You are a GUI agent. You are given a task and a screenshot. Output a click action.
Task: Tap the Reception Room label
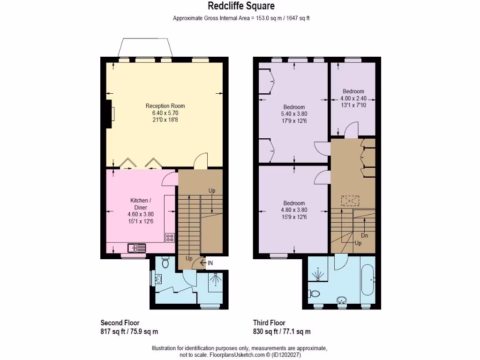pyautogui.click(x=162, y=106)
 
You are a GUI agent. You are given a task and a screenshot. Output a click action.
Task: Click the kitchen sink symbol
pyautogui.click(x=136, y=247)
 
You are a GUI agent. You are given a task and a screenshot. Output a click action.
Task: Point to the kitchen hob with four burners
pyautogui.click(x=170, y=238)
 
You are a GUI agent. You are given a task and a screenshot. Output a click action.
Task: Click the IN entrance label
pyautogui.click(x=210, y=263)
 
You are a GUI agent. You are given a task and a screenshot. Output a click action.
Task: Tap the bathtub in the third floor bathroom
pyautogui.click(x=367, y=280)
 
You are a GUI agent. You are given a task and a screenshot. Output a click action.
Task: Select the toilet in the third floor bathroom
pyautogui.click(x=314, y=294)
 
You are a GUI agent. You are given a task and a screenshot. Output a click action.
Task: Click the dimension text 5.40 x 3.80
pyautogui.click(x=294, y=113)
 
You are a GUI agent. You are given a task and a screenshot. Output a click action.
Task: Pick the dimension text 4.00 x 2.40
pyautogui.click(x=353, y=98)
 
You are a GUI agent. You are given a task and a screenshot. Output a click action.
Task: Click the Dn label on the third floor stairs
pyautogui.click(x=364, y=235)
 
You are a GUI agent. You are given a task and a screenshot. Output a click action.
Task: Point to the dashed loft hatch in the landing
pyautogui.click(x=350, y=201)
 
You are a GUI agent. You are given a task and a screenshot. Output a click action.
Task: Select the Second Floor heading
pyautogui.click(x=120, y=323)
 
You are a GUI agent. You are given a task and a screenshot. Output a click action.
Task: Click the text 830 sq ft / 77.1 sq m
pyautogui.click(x=282, y=331)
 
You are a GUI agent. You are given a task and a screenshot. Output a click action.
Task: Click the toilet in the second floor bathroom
pyautogui.click(x=164, y=263)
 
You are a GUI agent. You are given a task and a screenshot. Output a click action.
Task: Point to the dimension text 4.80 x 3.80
pyautogui.click(x=294, y=210)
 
